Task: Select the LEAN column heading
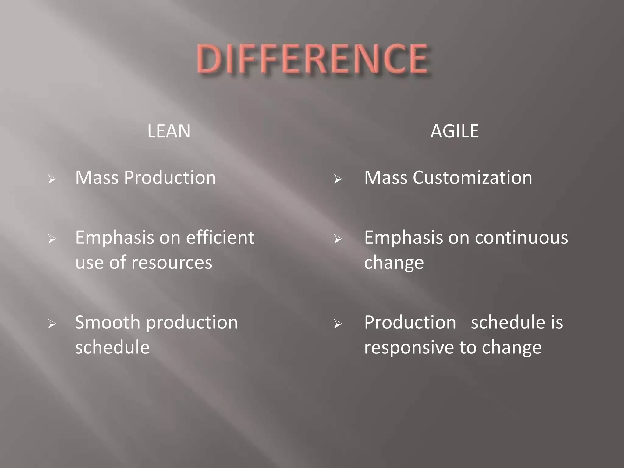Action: [169, 131]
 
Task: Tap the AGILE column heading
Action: [454, 131]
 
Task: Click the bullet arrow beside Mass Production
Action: [52, 179]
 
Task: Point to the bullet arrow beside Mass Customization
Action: [338, 179]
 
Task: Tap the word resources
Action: [172, 263]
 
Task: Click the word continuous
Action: [521, 238]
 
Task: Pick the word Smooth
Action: [108, 322]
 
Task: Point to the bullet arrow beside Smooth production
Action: [52, 324]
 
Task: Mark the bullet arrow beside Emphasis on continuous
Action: [338, 239]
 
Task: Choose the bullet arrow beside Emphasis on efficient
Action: [52, 239]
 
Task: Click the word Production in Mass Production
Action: [170, 178]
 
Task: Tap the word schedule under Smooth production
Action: [112, 347]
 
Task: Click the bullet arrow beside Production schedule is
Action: [338, 324]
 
